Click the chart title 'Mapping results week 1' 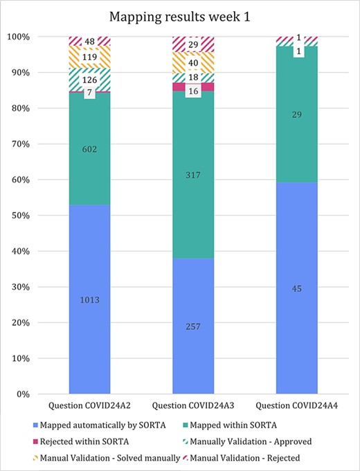point(179,13)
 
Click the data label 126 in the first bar point(90,80)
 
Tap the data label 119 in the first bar point(90,58)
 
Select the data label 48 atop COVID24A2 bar point(90,41)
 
